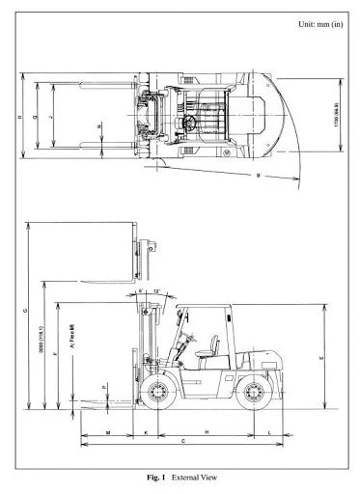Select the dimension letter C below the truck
183,441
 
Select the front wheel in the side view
161,393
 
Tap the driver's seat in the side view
204,355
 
